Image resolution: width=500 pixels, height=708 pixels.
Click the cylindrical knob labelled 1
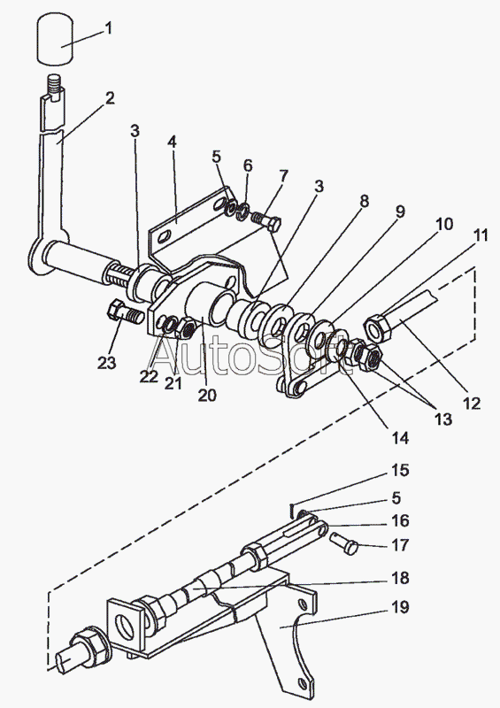(x=55, y=39)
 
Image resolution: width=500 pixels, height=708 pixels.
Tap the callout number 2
(x=110, y=98)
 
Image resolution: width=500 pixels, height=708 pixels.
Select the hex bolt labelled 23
(x=125, y=312)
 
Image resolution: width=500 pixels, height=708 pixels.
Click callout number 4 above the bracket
(x=172, y=142)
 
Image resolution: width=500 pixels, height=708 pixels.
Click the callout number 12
(x=472, y=404)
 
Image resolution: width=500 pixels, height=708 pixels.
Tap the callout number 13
(x=443, y=419)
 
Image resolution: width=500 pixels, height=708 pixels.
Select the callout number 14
(x=399, y=437)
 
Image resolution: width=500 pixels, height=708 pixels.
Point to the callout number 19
(x=400, y=607)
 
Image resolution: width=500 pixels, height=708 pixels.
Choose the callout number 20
(x=207, y=395)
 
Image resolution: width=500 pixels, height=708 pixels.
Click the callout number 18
(x=400, y=578)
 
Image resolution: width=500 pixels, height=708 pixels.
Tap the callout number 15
(x=400, y=470)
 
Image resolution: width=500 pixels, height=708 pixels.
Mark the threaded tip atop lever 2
(x=54, y=85)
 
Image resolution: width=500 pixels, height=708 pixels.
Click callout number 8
(x=364, y=201)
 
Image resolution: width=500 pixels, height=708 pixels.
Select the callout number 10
(x=444, y=224)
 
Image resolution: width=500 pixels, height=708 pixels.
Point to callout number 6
(x=248, y=165)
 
